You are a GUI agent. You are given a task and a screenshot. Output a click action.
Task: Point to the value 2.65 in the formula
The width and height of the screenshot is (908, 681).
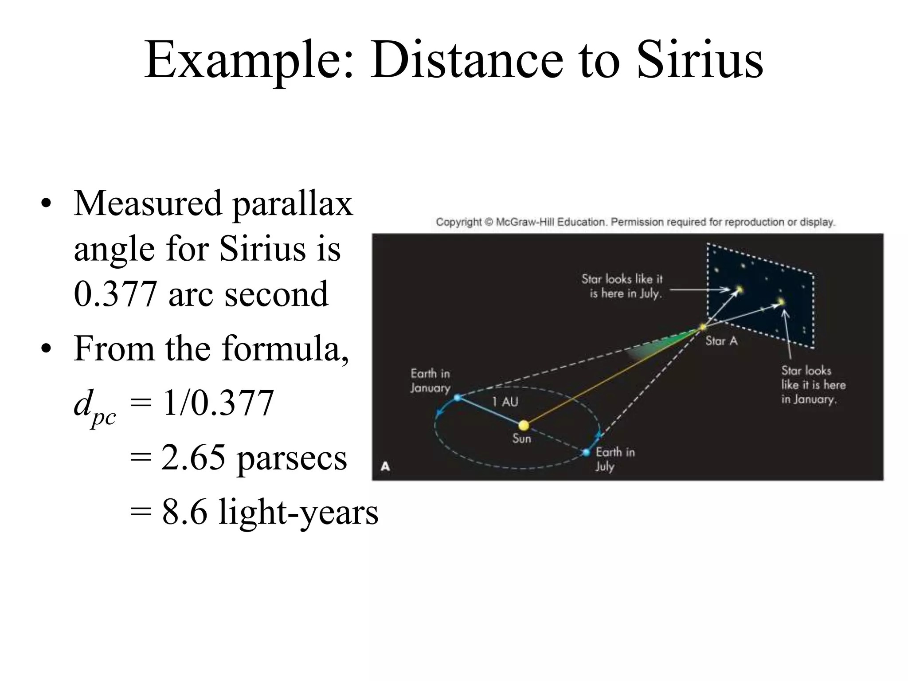click(x=193, y=458)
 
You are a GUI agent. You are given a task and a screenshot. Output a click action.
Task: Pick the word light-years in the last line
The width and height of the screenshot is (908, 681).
click(x=298, y=512)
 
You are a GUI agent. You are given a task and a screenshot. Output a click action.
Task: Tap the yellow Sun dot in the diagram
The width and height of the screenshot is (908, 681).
click(x=524, y=426)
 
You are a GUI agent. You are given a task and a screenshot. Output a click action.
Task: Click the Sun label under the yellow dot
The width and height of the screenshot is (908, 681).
click(x=521, y=439)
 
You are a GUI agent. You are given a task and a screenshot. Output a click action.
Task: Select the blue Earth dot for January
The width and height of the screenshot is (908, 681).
click(x=458, y=398)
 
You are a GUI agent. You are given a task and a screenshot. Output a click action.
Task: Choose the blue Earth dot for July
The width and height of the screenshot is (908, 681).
click(x=586, y=453)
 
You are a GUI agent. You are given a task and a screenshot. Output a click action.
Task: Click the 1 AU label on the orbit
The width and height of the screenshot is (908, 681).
click(x=505, y=402)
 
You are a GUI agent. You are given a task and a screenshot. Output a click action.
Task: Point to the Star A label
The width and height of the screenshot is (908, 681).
click(x=721, y=341)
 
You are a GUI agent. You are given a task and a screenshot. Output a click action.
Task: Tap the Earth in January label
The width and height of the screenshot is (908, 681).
click(x=430, y=381)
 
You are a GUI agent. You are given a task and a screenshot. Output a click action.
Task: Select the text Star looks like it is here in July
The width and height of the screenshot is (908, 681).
click(x=622, y=286)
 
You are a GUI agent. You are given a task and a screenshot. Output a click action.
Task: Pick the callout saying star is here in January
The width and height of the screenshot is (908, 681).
click(x=813, y=385)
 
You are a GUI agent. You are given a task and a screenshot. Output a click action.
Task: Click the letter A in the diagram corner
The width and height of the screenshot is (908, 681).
click(x=385, y=466)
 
